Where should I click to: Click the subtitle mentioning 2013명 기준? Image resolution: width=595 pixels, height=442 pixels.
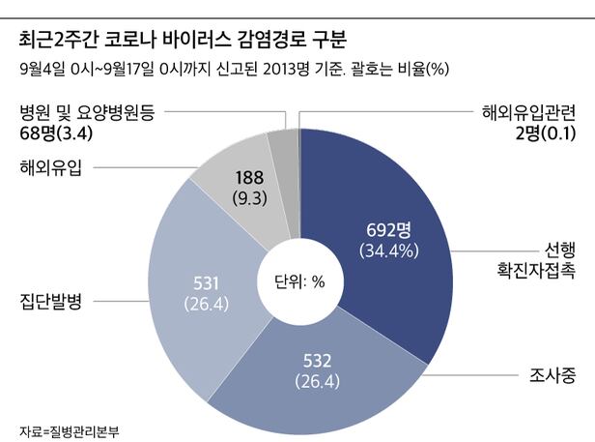[x=231, y=70]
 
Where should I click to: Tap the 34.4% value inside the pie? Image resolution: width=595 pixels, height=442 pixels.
[x=388, y=250]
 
